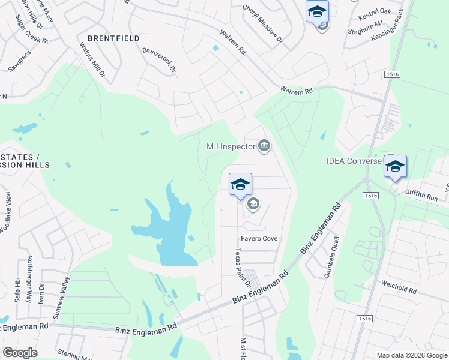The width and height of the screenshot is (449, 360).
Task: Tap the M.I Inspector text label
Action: point(231,146)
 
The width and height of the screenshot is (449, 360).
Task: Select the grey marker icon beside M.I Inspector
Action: point(264,145)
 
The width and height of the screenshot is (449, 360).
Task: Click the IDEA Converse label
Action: point(354,161)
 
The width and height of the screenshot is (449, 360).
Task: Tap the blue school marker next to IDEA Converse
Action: point(395,167)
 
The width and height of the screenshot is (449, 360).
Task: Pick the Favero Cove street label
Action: point(259,238)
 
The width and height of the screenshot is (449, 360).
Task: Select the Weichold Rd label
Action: point(398,287)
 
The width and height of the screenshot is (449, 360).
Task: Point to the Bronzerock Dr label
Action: point(159,60)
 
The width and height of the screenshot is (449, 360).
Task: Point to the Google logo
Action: point(20,353)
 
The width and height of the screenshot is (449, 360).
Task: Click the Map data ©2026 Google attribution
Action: point(412,356)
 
